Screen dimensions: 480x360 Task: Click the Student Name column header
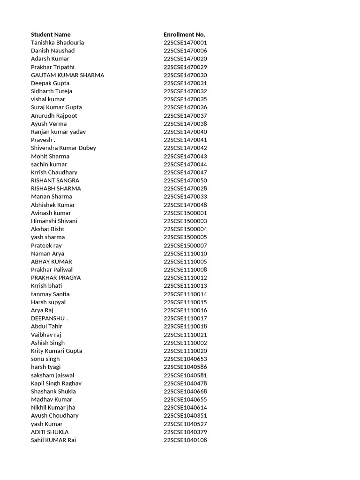tap(51, 34)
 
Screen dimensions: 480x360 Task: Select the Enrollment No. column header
tap(184, 34)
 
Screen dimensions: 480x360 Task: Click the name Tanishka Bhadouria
tap(58, 43)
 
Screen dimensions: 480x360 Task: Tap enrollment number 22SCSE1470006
tap(185, 51)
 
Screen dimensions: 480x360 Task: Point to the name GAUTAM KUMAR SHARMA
tap(67, 75)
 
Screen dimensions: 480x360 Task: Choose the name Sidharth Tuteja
tap(52, 91)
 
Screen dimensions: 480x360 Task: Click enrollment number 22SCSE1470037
tap(185, 116)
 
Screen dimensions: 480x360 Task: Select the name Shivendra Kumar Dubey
tap(63, 148)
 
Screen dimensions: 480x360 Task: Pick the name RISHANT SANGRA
tap(55, 180)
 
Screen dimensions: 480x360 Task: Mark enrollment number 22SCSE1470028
tap(185, 188)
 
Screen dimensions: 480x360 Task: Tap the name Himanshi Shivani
tap(54, 221)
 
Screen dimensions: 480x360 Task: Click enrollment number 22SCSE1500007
tap(185, 246)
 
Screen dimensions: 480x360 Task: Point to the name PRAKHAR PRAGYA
tap(56, 277)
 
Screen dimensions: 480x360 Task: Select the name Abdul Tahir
tap(46, 326)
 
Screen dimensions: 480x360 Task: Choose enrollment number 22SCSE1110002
tap(185, 343)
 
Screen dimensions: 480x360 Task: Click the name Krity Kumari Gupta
tap(56, 351)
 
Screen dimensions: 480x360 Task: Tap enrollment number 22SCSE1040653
tap(185, 359)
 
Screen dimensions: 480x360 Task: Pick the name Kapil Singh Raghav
tap(56, 383)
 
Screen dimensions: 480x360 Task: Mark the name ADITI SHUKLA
tap(50, 432)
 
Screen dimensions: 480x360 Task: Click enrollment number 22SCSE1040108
tap(185, 440)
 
